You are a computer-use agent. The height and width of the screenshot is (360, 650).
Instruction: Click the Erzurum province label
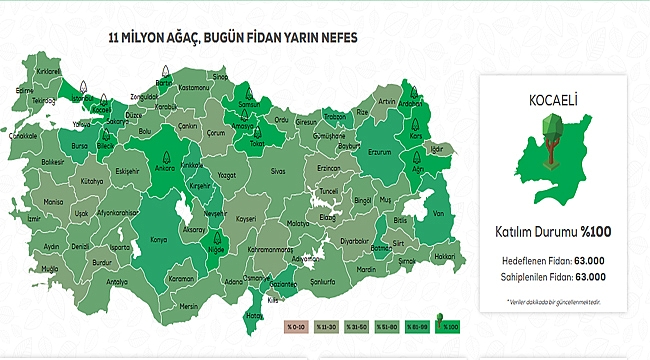click(379, 152)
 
